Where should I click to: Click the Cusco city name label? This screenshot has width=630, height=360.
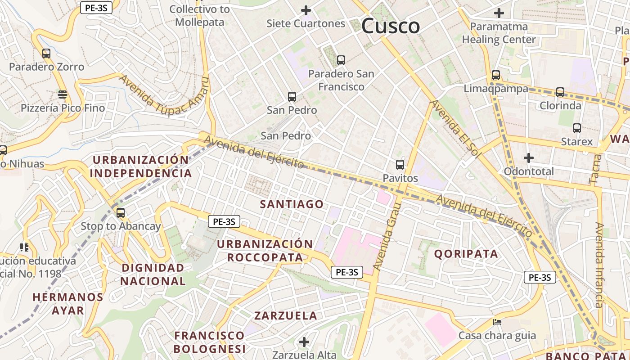(x=391, y=26)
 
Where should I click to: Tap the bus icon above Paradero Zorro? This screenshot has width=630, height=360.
(x=46, y=54)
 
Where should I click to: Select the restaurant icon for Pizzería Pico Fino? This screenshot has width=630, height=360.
(x=63, y=94)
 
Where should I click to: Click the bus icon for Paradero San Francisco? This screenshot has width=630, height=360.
(x=341, y=60)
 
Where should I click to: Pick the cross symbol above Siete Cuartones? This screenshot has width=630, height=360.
(x=306, y=10)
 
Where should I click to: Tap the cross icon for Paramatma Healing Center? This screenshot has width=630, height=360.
(x=499, y=13)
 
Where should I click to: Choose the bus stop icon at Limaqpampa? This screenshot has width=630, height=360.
(x=496, y=75)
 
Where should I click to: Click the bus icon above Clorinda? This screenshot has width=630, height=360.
(x=560, y=92)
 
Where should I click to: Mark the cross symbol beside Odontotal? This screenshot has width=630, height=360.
(x=529, y=158)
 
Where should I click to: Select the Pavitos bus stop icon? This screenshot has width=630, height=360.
(x=400, y=165)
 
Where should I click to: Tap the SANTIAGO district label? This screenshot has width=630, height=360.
(x=292, y=204)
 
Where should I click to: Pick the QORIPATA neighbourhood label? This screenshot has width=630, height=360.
(x=466, y=254)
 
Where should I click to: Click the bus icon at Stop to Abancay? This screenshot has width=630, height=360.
(x=121, y=213)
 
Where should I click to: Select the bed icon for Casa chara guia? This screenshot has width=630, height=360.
(x=497, y=322)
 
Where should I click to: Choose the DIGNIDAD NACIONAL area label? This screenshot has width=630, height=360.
(x=153, y=274)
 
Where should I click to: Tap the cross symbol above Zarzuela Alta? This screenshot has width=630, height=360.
(x=304, y=342)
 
